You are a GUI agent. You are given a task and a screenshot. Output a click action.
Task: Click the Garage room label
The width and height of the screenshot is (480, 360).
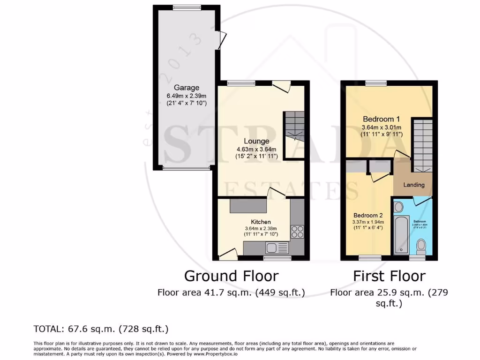(x=187, y=88)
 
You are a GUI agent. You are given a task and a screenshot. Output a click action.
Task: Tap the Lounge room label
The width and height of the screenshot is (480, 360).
(x=256, y=141)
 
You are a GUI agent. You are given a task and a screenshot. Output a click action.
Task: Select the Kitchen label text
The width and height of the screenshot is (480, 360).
(x=260, y=221)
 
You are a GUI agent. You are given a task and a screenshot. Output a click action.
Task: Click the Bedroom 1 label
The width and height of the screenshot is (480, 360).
(x=378, y=119)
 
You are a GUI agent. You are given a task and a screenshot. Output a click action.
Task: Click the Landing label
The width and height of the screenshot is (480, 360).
(x=414, y=185)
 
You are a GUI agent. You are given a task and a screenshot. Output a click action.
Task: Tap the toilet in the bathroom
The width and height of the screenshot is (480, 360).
(x=421, y=245)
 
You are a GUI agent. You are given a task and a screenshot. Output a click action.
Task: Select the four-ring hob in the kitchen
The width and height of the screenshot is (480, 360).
(x=297, y=231)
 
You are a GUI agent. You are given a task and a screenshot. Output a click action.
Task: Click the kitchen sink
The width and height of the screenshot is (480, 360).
(x=272, y=247)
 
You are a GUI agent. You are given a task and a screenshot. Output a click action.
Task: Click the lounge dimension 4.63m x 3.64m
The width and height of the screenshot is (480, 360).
(x=256, y=150)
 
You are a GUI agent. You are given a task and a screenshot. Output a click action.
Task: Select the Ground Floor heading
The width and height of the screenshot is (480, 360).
(x=231, y=276)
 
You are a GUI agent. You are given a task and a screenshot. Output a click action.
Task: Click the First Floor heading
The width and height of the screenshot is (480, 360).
(x=389, y=276)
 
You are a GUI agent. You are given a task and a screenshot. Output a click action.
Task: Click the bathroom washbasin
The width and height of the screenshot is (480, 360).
(x=399, y=207)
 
